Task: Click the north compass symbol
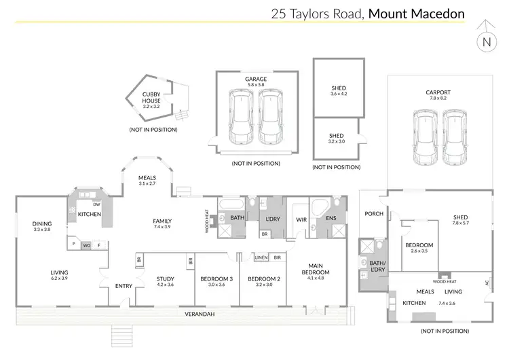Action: point(486,40)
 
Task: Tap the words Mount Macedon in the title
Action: point(417,13)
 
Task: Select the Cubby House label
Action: point(151,101)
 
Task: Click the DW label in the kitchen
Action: point(97,204)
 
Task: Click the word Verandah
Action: point(200,314)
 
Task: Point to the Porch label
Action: point(374,214)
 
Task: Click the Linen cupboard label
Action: point(261,257)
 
